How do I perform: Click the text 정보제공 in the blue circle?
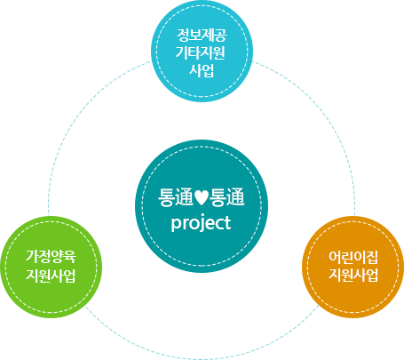point(202,35)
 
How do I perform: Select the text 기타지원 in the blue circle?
point(201,52)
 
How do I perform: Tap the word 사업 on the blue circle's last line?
point(202,70)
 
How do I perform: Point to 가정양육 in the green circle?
point(51,256)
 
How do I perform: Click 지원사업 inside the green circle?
point(51,276)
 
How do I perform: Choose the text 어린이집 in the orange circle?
point(353,257)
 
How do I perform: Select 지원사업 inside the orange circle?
point(353,275)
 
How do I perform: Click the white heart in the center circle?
point(202,198)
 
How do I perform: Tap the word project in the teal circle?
point(202,224)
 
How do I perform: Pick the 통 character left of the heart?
point(167,197)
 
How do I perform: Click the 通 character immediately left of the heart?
point(185,197)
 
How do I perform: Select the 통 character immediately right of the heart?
point(218,197)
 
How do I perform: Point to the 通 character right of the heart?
point(236,197)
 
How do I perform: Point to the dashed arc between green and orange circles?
point(202,359)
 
